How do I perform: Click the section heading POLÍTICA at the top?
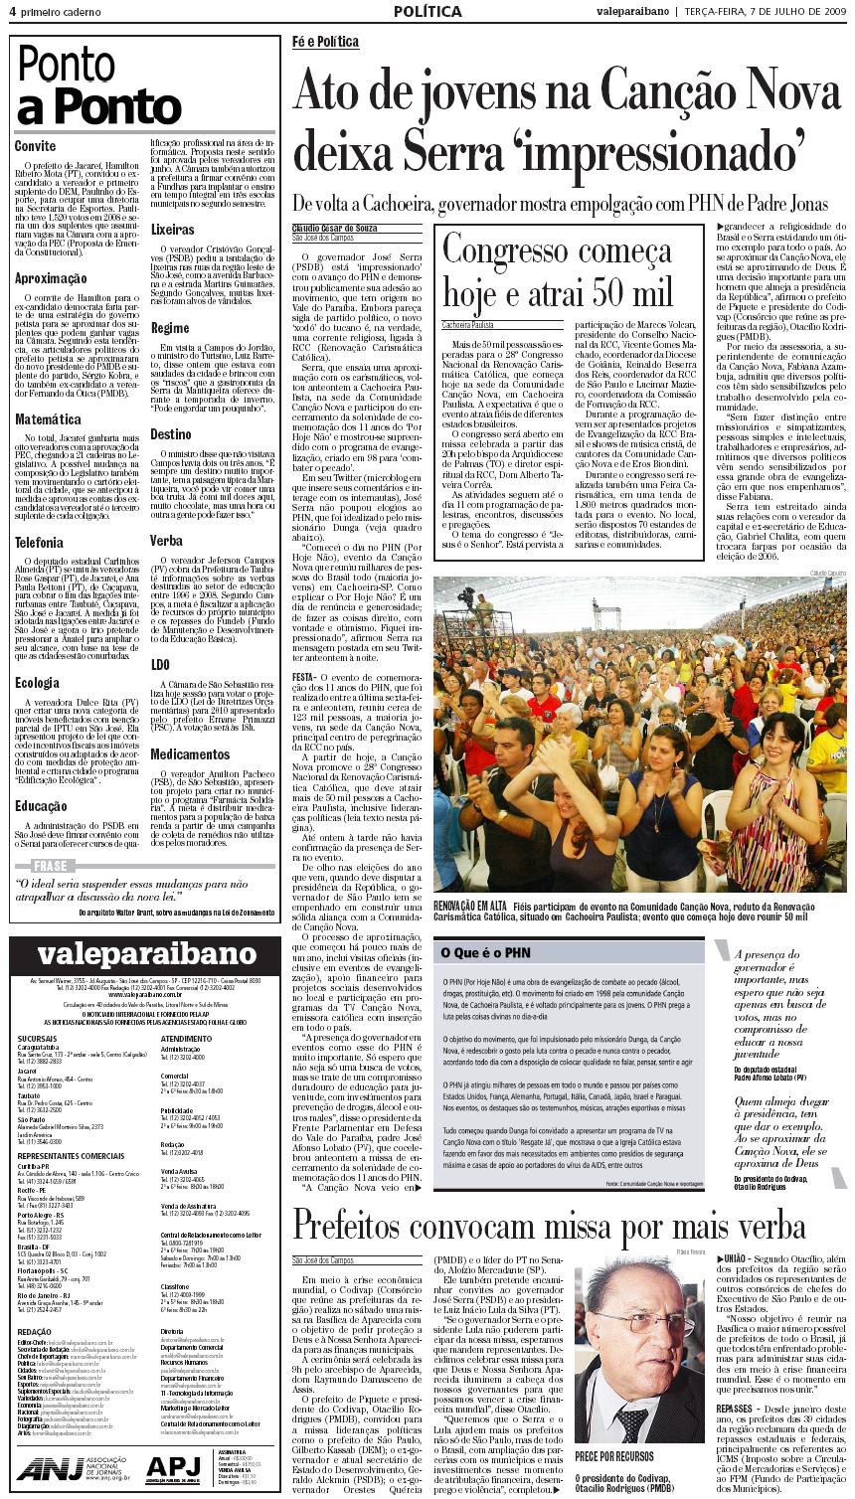coord(427,12)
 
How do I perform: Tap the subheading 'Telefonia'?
coord(40,543)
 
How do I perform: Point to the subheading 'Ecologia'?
coord(38,683)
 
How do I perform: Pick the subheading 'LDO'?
coord(160,664)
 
